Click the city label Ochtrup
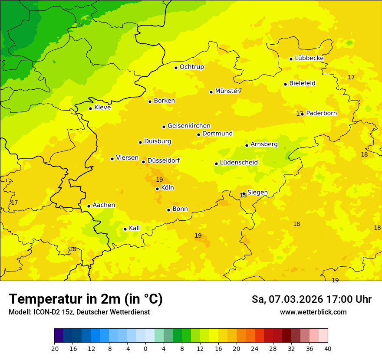[191, 67]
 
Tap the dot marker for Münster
[211, 92]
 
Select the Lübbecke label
[309, 58]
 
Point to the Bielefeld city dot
[286, 84]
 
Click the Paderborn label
[321, 113]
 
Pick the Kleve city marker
[90, 108]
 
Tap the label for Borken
[164, 101]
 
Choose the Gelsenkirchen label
[189, 126]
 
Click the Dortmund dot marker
[199, 134]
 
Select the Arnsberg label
[264, 144]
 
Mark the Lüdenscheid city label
[239, 163]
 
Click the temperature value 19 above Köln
[159, 180]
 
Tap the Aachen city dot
[89, 206]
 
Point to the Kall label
[134, 228]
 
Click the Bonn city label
[180, 209]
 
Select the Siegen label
[257, 193]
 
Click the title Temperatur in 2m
[86, 299]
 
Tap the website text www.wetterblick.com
[313, 312]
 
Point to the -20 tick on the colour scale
[54, 348]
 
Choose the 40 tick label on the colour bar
[327, 348]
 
